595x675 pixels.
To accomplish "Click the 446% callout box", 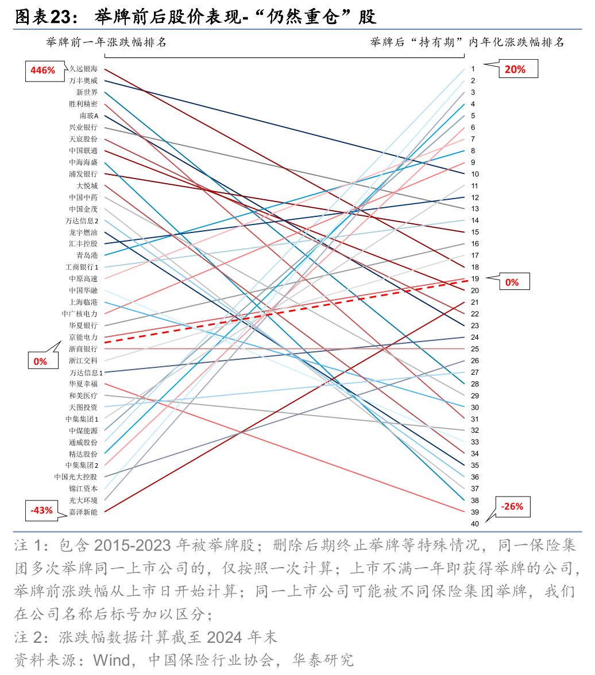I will pyautogui.click(x=43, y=70).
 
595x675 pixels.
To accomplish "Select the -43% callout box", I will pyautogui.click(x=41, y=510).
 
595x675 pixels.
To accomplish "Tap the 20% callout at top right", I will pyautogui.click(x=515, y=69).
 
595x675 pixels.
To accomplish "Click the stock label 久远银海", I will pyautogui.click(x=83, y=69).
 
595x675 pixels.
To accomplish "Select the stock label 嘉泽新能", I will pyautogui.click(x=83, y=511).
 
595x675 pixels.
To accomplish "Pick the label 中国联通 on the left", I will pyautogui.click(x=83, y=150).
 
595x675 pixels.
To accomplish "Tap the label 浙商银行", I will pyautogui.click(x=83, y=348).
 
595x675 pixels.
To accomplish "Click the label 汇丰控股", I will pyautogui.click(x=83, y=243).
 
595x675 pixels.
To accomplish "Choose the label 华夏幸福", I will pyautogui.click(x=83, y=383).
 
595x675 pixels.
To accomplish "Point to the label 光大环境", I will pyautogui.click(x=83, y=500).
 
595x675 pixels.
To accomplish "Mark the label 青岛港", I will pyautogui.click(x=87, y=255).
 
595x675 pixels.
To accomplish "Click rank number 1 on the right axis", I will pyautogui.click(x=473, y=69).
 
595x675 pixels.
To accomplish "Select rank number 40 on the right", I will pyautogui.click(x=474, y=523).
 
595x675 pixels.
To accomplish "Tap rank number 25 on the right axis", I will pyautogui.click(x=474, y=348).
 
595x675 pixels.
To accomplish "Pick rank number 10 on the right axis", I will pyautogui.click(x=474, y=174).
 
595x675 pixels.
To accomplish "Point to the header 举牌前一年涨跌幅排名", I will pyautogui.click(x=106, y=42).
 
